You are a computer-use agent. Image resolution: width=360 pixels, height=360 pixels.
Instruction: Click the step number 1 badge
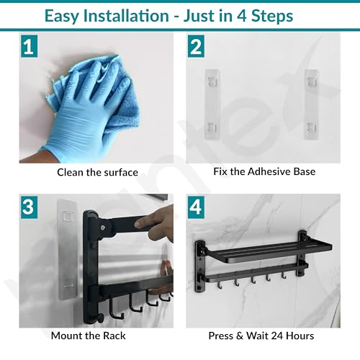coord(29,46)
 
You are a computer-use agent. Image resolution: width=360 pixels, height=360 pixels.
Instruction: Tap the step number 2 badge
coord(196,46)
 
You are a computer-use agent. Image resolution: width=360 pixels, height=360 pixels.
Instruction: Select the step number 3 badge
coord(29,207)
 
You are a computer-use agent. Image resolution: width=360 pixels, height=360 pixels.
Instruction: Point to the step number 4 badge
coord(196,207)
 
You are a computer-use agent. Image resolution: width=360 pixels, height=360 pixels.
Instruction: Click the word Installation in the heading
coord(126,16)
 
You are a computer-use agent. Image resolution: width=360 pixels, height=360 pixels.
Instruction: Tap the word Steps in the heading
coord(272,17)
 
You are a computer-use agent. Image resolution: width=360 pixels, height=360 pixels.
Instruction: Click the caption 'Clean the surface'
coord(97,172)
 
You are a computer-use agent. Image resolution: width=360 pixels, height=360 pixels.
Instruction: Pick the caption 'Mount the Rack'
coord(88,336)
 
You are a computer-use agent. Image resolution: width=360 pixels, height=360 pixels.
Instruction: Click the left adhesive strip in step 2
coord(212,104)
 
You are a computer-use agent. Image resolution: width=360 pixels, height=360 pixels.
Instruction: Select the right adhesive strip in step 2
coord(311,104)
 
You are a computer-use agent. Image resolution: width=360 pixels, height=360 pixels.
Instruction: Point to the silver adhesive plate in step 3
coord(67,250)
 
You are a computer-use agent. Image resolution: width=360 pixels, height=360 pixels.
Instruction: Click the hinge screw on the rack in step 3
coord(103,228)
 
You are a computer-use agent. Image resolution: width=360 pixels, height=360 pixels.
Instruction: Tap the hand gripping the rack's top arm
coord(157,222)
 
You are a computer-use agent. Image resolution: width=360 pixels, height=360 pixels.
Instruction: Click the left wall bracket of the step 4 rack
coord(200,266)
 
